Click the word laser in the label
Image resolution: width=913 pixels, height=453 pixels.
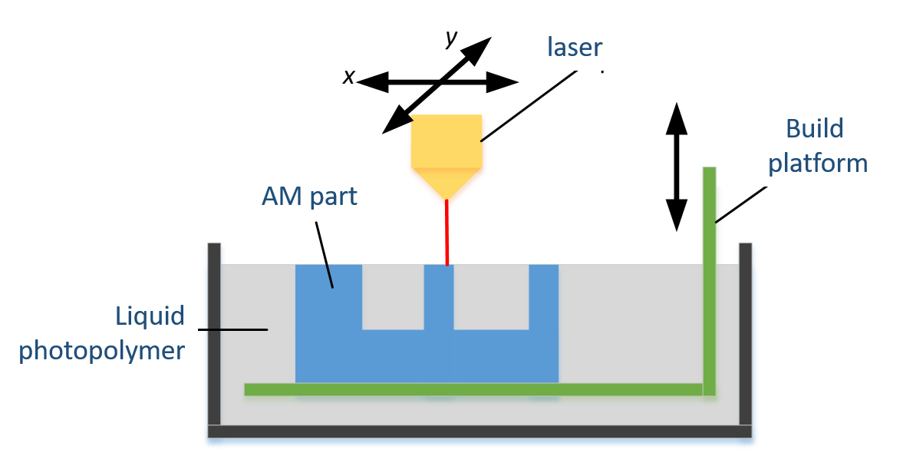coord(575,47)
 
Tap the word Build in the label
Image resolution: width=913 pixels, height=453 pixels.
coord(815,128)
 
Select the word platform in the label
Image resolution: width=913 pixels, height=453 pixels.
coord(818,164)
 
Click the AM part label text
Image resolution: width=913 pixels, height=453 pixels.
coord(309,196)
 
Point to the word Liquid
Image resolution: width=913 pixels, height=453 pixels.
coord(150,316)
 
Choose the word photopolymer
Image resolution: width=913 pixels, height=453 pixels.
coord(101,351)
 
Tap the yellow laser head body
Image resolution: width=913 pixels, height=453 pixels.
coord(447,143)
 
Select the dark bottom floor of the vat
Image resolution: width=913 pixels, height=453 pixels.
coord(480,432)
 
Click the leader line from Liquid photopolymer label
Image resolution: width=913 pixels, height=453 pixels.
coord(234,329)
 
